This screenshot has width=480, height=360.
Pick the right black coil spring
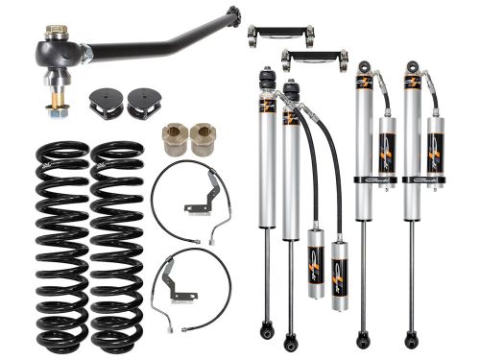point(119,245)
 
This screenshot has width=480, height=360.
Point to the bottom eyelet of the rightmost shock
point(411,339)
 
